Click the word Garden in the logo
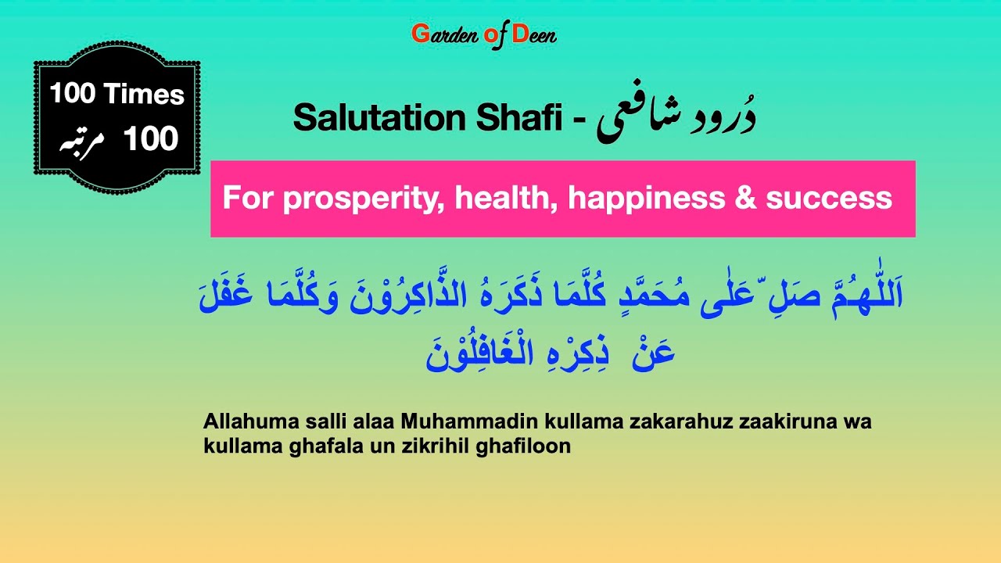(x=440, y=34)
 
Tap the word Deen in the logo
(x=535, y=34)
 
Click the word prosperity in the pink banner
(x=361, y=199)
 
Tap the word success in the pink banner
(x=829, y=199)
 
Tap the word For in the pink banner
(x=248, y=198)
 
